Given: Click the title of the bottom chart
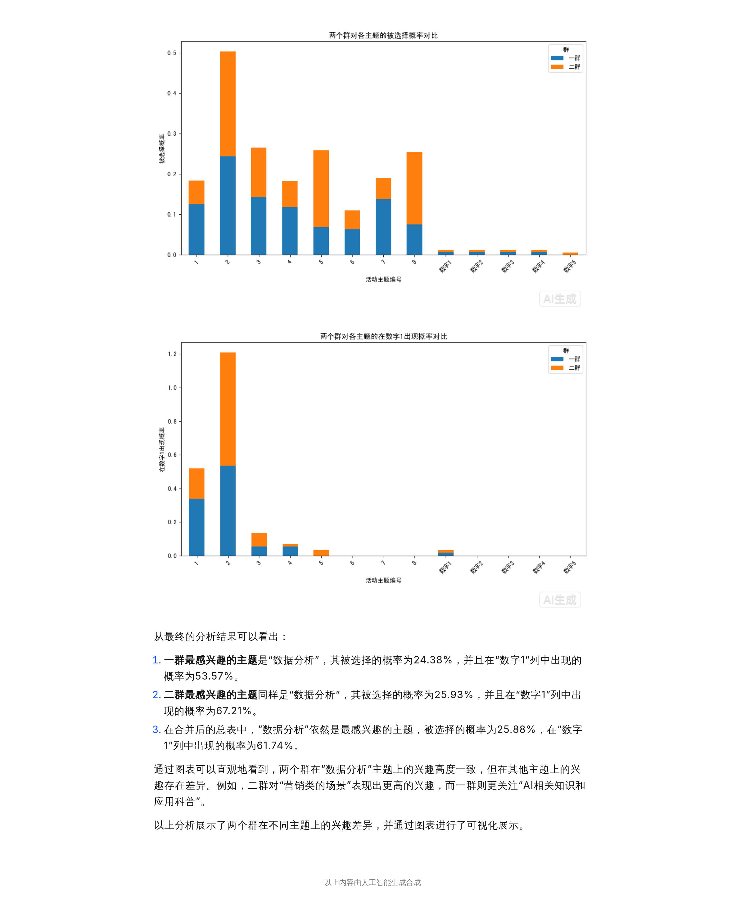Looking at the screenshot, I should (383, 336).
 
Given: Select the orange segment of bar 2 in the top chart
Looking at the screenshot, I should (228, 104).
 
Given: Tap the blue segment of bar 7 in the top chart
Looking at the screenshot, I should (383, 227).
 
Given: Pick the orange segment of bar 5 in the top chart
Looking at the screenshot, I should (321, 188).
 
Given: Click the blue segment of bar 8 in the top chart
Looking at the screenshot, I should (414, 240).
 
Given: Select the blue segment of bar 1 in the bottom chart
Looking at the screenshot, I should (196, 527).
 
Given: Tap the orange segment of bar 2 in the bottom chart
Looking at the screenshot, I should (228, 409).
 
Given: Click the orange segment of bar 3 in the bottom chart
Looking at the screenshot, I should (259, 539).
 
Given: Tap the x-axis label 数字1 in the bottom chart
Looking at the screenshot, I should (445, 567).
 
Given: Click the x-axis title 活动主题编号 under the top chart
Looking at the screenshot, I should (383, 279).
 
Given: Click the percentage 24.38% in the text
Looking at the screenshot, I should (433, 660).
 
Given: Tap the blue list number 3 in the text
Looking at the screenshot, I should (157, 730).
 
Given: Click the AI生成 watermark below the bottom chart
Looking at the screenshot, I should (560, 599).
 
